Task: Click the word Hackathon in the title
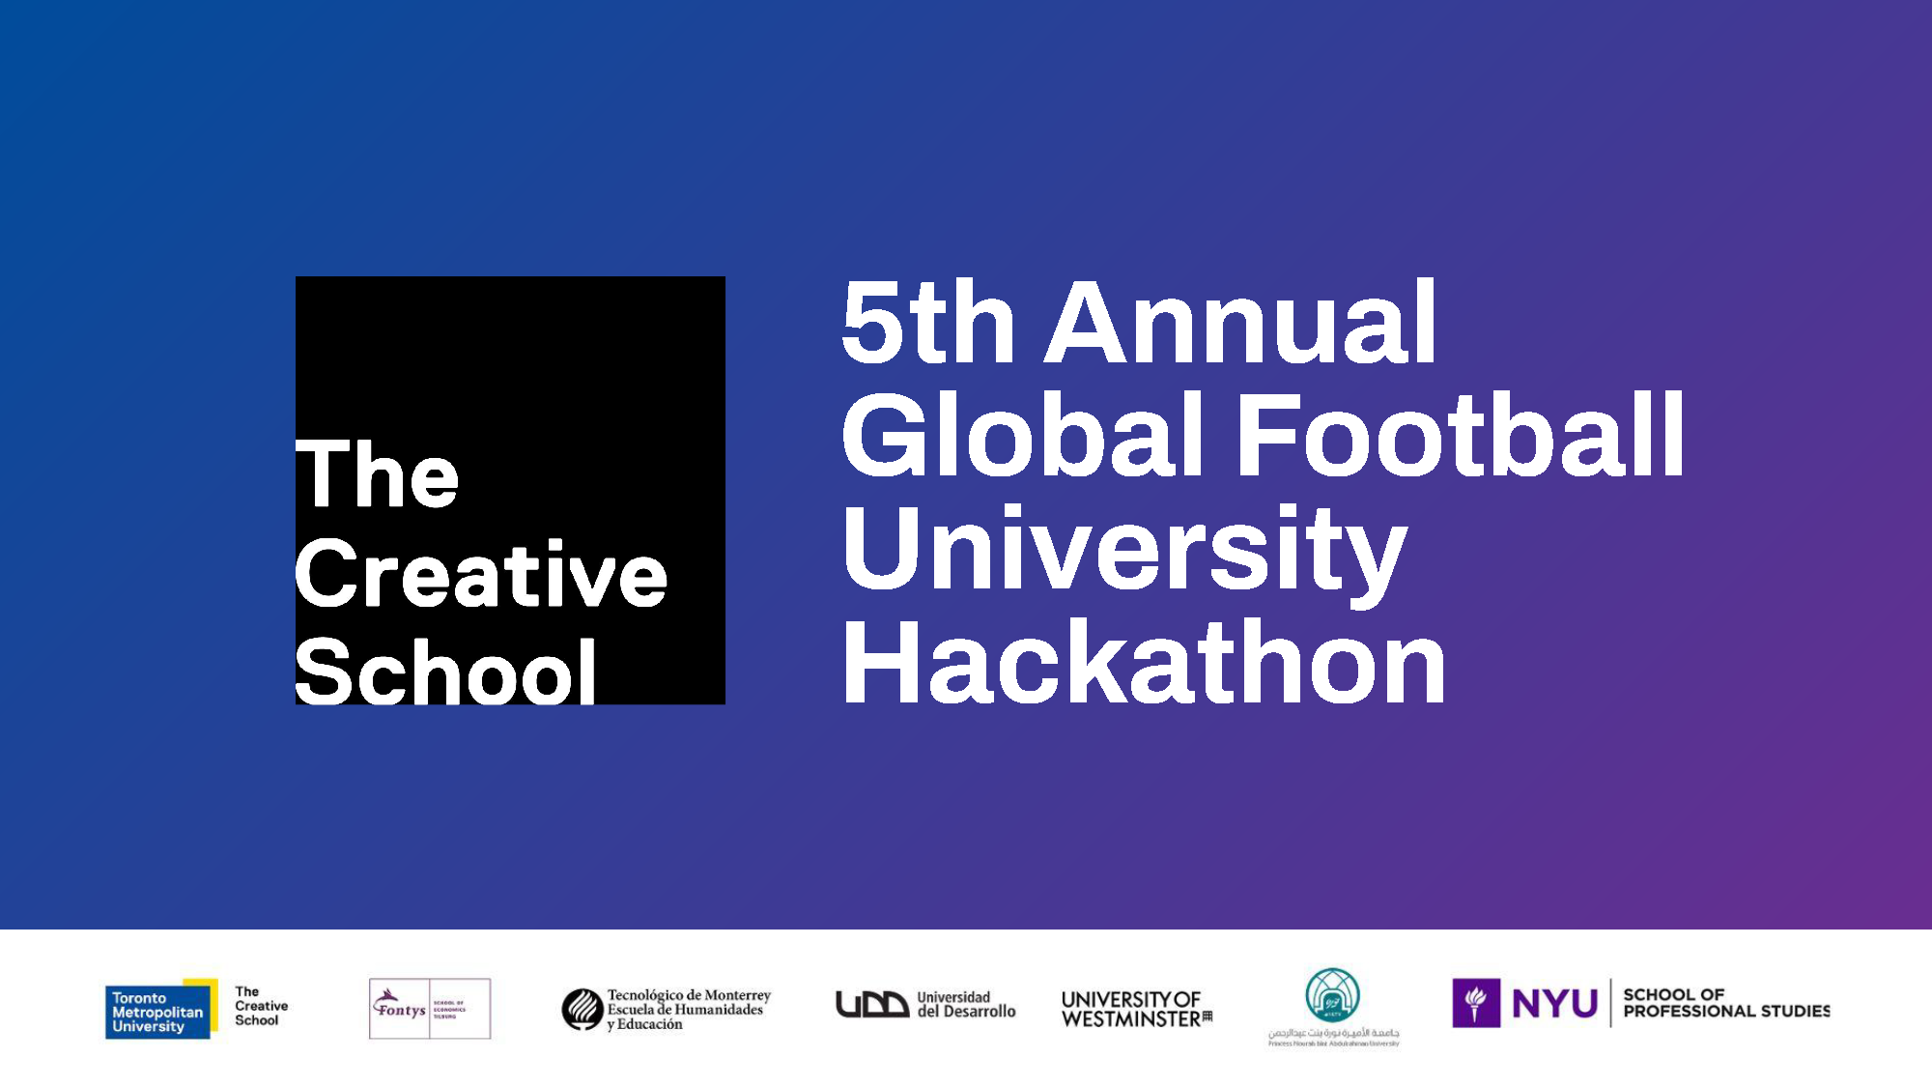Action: click(x=1144, y=664)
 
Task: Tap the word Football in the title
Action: click(x=1460, y=436)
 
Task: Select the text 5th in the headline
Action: click(x=927, y=323)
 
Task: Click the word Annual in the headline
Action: click(x=1241, y=323)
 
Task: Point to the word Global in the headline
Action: click(x=1024, y=436)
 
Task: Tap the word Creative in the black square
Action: click(x=480, y=575)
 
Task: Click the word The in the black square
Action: click(x=377, y=474)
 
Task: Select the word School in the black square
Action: click(x=444, y=672)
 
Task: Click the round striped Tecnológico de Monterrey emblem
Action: click(x=582, y=1009)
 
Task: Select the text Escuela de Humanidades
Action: click(x=685, y=1010)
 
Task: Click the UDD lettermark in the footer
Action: click(x=871, y=1005)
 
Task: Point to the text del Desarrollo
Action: click(x=966, y=1012)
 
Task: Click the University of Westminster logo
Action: click(x=1135, y=1009)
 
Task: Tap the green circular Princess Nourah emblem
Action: click(x=1332, y=996)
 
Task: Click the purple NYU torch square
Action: click(x=1475, y=1003)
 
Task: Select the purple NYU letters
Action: click(x=1554, y=1004)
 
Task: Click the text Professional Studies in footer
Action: click(x=1726, y=1012)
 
